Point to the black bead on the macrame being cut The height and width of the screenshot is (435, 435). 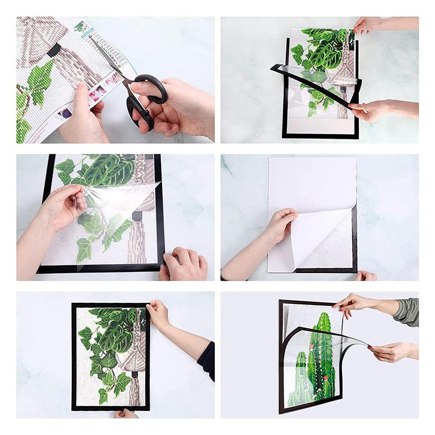[54, 50]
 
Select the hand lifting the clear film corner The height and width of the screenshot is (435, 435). [63, 204]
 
